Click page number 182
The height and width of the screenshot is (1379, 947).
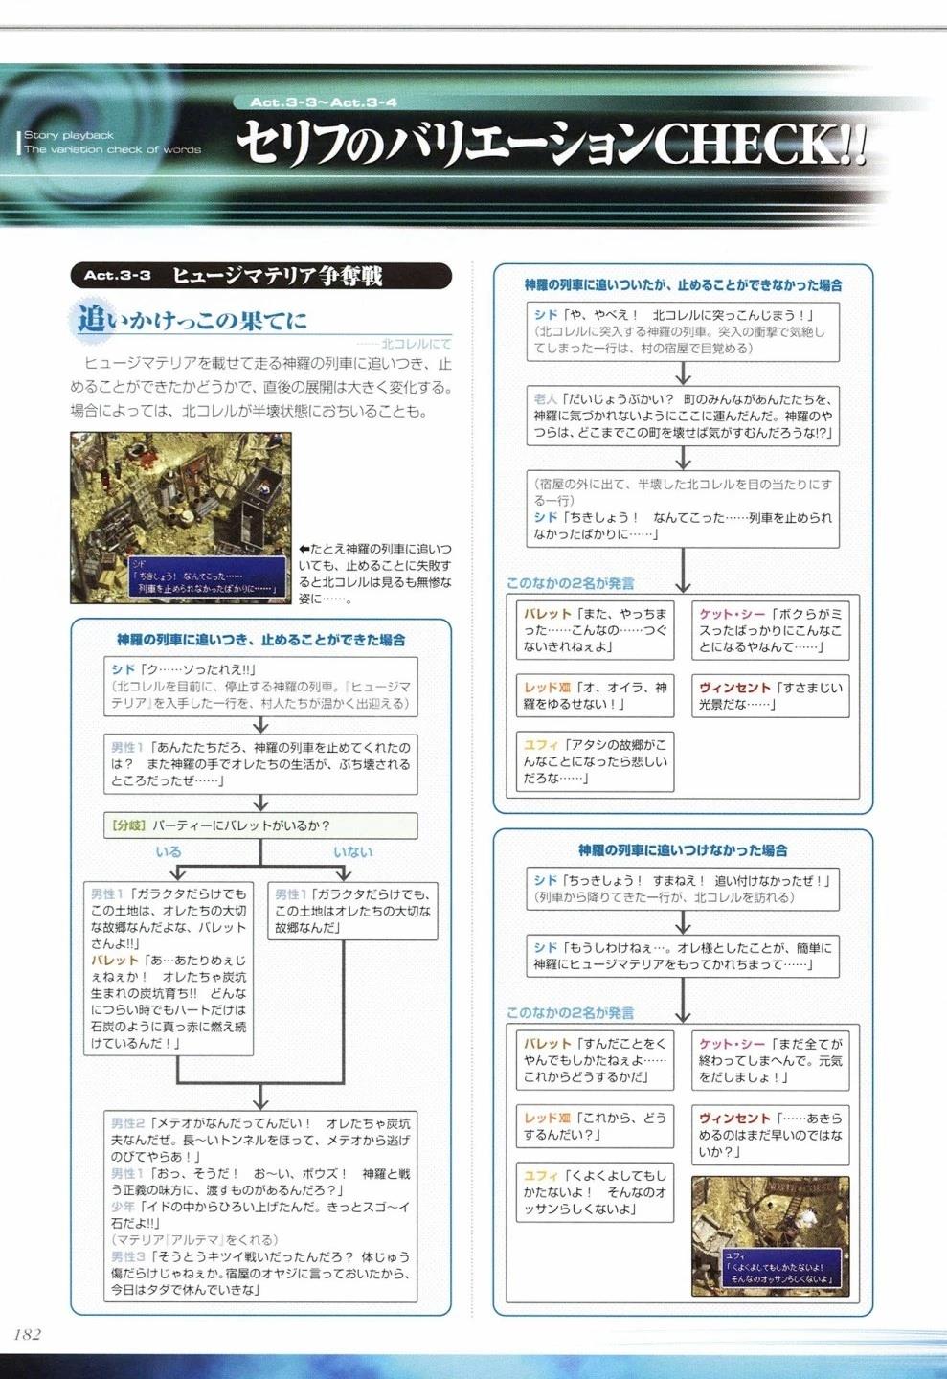click(27, 1334)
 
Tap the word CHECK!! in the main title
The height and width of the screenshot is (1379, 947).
click(757, 145)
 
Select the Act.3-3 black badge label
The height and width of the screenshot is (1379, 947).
click(117, 276)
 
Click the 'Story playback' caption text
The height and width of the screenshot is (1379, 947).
click(69, 135)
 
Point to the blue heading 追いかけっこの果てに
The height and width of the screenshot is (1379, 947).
click(192, 319)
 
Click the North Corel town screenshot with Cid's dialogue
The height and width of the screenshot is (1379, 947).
click(180, 517)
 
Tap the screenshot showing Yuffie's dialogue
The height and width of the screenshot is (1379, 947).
click(770, 1235)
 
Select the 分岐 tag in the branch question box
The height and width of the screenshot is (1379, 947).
click(127, 825)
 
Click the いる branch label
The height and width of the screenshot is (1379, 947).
click(169, 851)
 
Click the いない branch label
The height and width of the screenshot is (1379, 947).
click(352, 851)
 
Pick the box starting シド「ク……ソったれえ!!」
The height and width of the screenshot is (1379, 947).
click(260, 686)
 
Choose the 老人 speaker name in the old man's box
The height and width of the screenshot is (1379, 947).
click(545, 398)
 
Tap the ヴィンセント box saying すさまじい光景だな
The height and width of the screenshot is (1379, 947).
click(770, 696)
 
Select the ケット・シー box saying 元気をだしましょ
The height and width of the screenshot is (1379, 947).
click(770, 1060)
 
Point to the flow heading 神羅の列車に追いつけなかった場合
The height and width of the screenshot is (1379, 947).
click(683, 849)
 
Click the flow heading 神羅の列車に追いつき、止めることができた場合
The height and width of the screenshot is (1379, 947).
click(260, 639)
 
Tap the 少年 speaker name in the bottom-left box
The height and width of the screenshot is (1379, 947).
click(124, 1207)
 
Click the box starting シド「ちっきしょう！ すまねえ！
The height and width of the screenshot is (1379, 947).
click(683, 889)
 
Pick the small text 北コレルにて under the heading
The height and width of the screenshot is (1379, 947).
click(416, 343)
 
